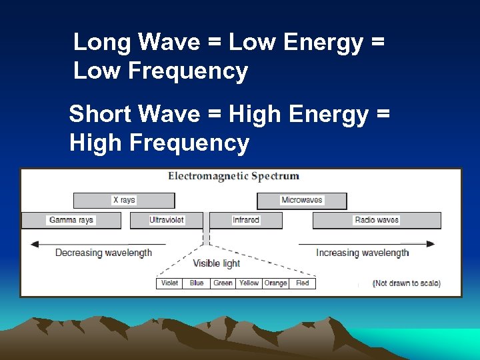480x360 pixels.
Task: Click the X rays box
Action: (x=123, y=200)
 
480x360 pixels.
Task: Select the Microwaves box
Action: (x=302, y=200)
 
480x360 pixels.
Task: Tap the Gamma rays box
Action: (x=71, y=220)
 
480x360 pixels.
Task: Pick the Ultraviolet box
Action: (x=167, y=220)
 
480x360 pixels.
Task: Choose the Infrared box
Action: (x=246, y=220)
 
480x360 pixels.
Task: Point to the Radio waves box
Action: (x=377, y=220)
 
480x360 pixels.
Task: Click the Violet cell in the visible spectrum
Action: (x=169, y=283)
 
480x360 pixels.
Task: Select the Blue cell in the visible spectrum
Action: (x=196, y=283)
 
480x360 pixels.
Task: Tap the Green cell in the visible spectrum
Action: (x=223, y=283)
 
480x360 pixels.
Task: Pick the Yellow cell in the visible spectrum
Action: (x=249, y=283)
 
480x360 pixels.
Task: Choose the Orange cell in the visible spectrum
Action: (x=275, y=283)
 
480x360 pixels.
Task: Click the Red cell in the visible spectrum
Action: (x=303, y=283)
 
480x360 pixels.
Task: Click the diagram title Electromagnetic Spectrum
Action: (x=233, y=177)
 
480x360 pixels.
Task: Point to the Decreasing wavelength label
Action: (x=103, y=253)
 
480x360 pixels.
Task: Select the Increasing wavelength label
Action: (x=362, y=253)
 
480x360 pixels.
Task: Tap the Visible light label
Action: (x=217, y=263)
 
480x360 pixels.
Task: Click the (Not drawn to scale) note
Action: (x=407, y=283)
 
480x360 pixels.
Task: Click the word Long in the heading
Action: (x=100, y=42)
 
